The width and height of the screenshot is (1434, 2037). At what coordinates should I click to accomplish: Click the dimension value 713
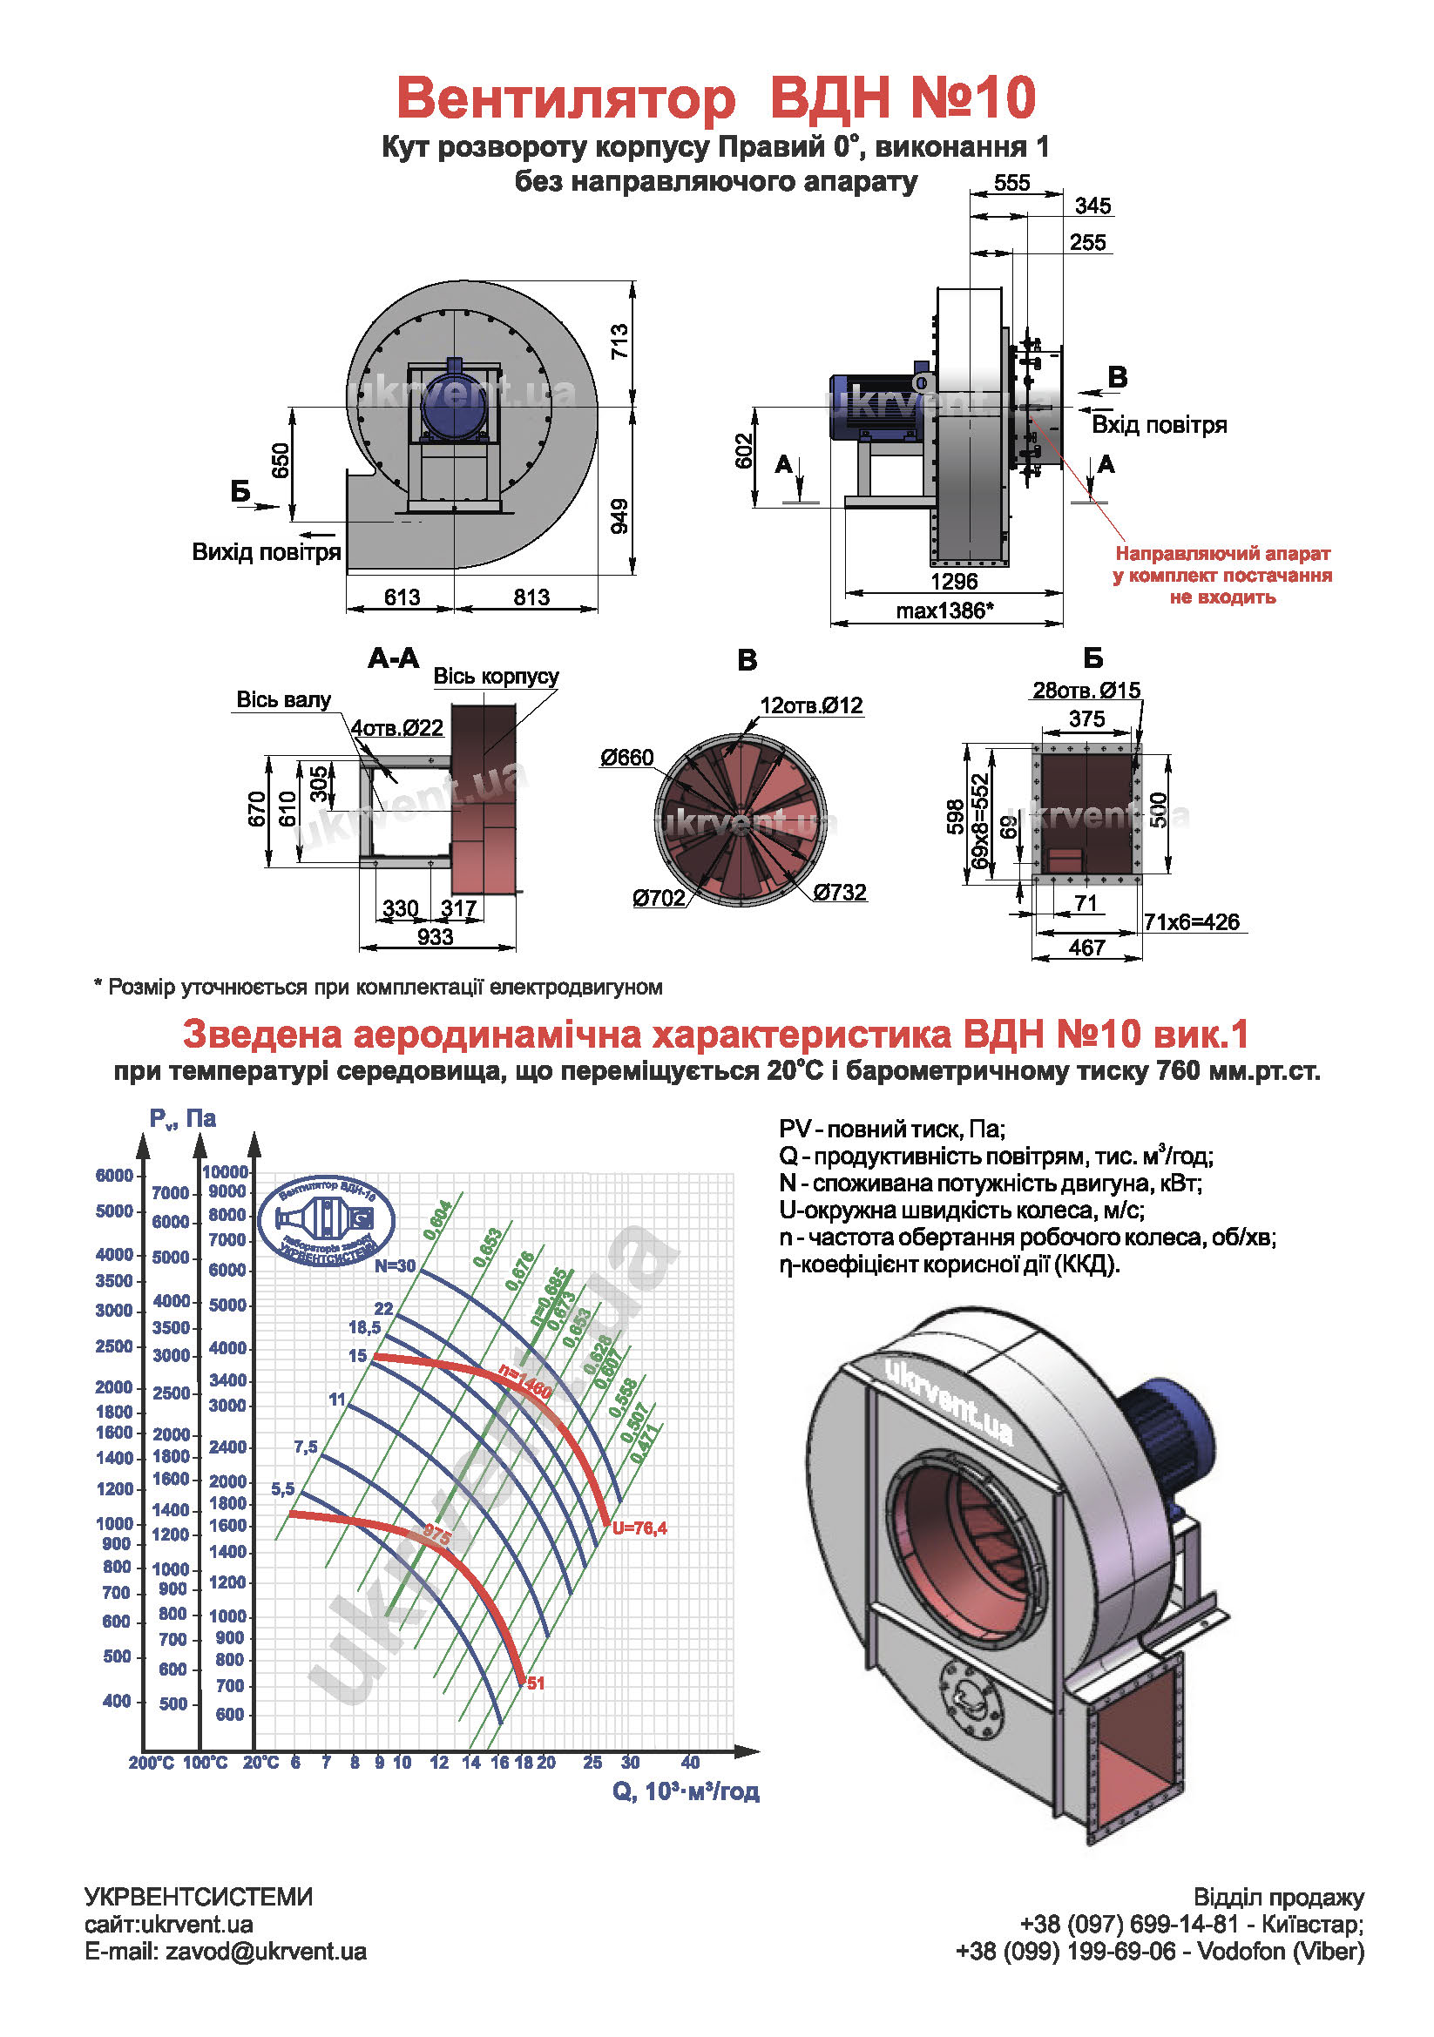coord(619,341)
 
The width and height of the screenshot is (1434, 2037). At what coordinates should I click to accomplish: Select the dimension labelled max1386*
coord(944,610)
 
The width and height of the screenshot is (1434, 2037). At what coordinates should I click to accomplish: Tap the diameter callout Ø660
coord(626,758)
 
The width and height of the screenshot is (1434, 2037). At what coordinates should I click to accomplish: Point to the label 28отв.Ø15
coord(1086,691)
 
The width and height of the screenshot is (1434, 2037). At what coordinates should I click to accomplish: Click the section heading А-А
coord(393,658)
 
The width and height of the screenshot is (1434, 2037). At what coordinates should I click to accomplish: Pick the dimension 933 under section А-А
coord(435,937)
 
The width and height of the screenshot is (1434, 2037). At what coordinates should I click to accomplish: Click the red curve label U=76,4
coord(639,1528)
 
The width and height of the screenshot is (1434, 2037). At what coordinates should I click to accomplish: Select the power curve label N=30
coord(394,1266)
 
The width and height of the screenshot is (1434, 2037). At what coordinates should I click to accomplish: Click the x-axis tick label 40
coord(690,1762)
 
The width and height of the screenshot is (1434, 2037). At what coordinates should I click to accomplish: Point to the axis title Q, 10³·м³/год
coord(686,1791)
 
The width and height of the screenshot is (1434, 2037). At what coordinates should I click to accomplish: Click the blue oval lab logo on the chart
coord(326,1221)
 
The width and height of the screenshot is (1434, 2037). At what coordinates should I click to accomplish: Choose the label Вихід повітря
coord(267,552)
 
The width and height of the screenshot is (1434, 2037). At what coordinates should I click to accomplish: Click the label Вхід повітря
coord(1159,425)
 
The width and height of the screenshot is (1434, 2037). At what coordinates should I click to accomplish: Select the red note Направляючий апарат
coord(1222,554)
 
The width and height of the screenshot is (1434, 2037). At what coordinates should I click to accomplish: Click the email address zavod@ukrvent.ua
coord(266,1951)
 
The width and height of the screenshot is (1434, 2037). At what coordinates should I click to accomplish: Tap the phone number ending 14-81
coord(1128,1924)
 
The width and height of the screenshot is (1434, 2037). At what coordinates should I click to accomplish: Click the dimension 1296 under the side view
coord(954,582)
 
